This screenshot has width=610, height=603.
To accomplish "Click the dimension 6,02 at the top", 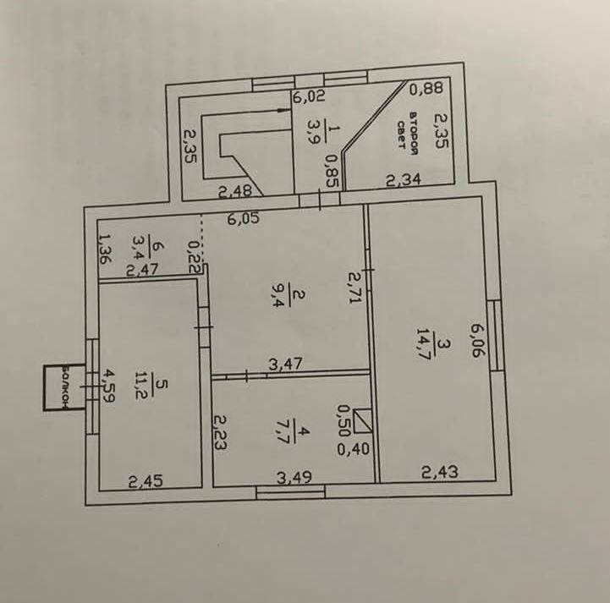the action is [309, 96].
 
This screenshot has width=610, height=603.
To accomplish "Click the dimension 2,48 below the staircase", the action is [234, 192].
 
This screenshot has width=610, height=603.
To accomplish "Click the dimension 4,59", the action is [108, 387].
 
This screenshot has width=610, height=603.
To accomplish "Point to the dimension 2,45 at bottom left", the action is [145, 482].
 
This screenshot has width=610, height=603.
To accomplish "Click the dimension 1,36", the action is [104, 249].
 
